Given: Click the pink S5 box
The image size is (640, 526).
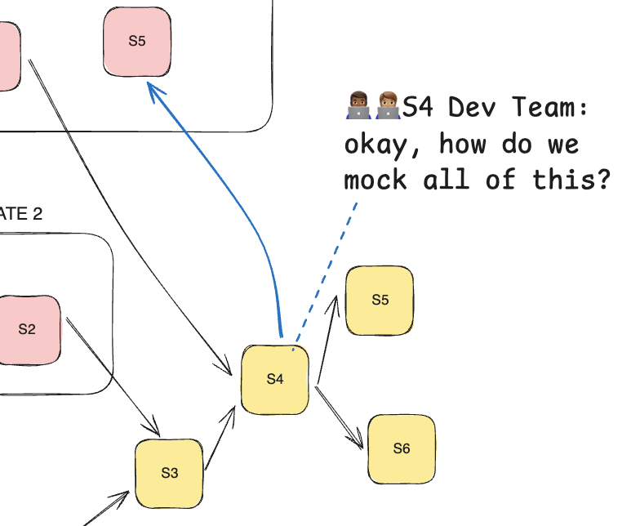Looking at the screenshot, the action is [137, 42].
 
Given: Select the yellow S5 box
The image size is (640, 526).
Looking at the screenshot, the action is [380, 301].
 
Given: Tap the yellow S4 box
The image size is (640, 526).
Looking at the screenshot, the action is [275, 380].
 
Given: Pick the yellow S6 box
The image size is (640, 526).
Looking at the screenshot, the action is [402, 449].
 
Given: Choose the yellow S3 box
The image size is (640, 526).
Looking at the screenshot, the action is [170, 474].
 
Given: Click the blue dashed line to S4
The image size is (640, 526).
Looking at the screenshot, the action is [325, 276].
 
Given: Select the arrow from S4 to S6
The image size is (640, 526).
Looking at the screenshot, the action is [340, 417].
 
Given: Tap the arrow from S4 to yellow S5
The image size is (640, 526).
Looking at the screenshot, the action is [327, 340].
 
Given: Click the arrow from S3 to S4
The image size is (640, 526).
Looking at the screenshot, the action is [220, 437].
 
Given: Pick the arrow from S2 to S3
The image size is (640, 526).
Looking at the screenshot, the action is [113, 376].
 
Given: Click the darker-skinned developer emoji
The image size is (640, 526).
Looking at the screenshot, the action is [359, 106].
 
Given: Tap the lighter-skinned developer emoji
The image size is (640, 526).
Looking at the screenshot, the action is [388, 106].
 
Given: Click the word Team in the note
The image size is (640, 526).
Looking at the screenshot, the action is [549, 107].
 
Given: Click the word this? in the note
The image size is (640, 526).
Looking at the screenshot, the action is [571, 179].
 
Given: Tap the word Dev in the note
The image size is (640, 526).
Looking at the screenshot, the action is [472, 107].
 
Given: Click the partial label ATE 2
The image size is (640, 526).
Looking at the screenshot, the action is [20, 214].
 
